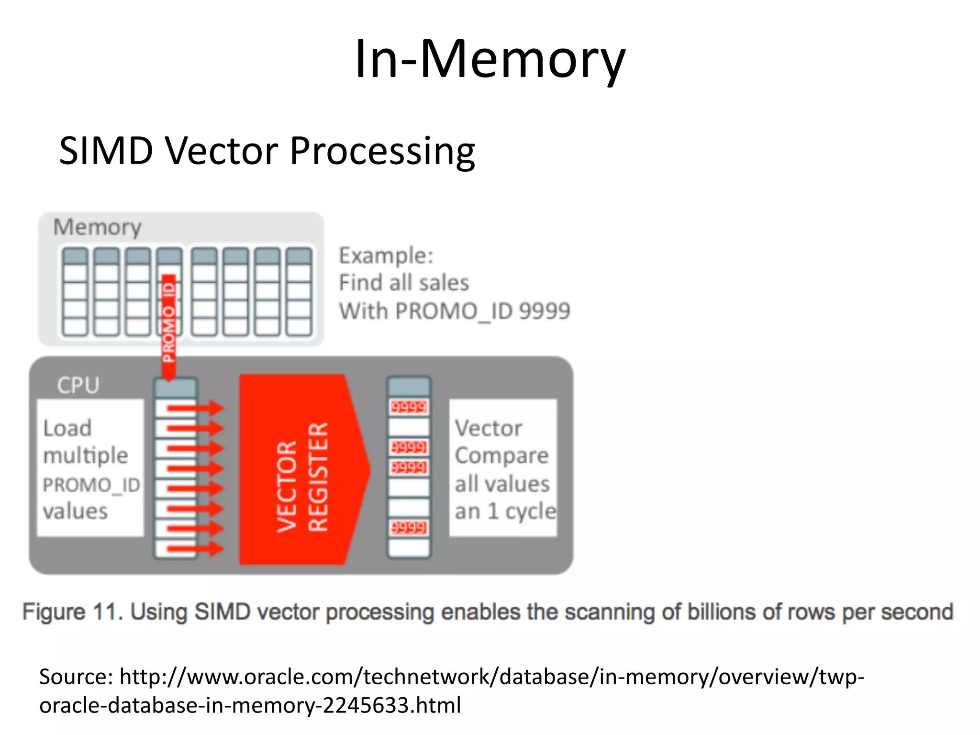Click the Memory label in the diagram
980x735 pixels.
(x=97, y=227)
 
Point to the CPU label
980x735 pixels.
(x=78, y=385)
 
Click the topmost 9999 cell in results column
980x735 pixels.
(x=409, y=407)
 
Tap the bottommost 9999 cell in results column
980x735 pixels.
(x=409, y=527)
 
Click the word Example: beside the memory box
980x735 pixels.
(x=386, y=256)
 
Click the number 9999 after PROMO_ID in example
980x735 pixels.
(x=545, y=311)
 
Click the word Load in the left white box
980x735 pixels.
(x=67, y=428)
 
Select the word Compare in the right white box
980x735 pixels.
(x=501, y=456)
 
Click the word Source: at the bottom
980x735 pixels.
(x=76, y=677)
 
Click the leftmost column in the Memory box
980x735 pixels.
(x=75, y=292)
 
